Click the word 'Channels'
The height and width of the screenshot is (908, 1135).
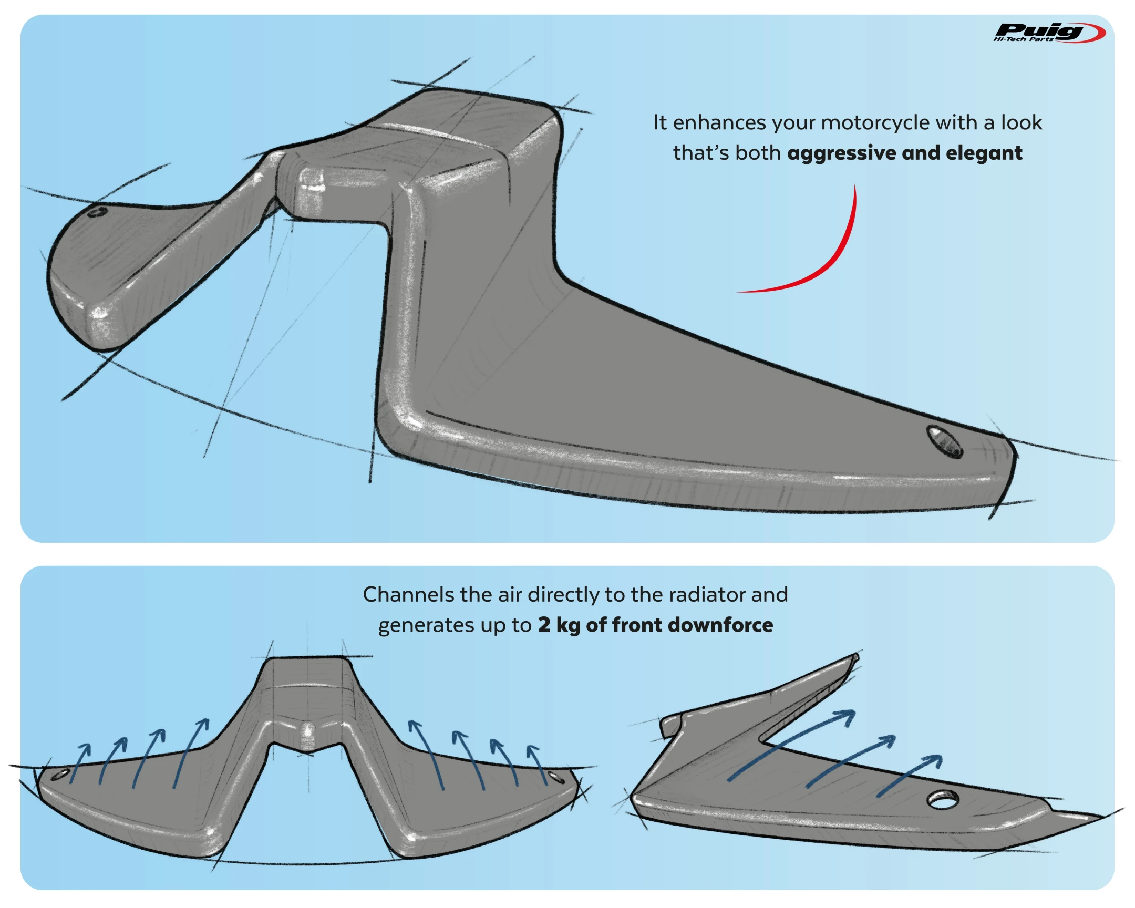(x=408, y=595)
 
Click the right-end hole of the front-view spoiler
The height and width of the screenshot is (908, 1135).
(x=555, y=777)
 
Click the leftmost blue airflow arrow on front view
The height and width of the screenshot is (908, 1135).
(x=79, y=763)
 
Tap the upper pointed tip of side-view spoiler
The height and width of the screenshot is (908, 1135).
(x=855, y=656)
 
